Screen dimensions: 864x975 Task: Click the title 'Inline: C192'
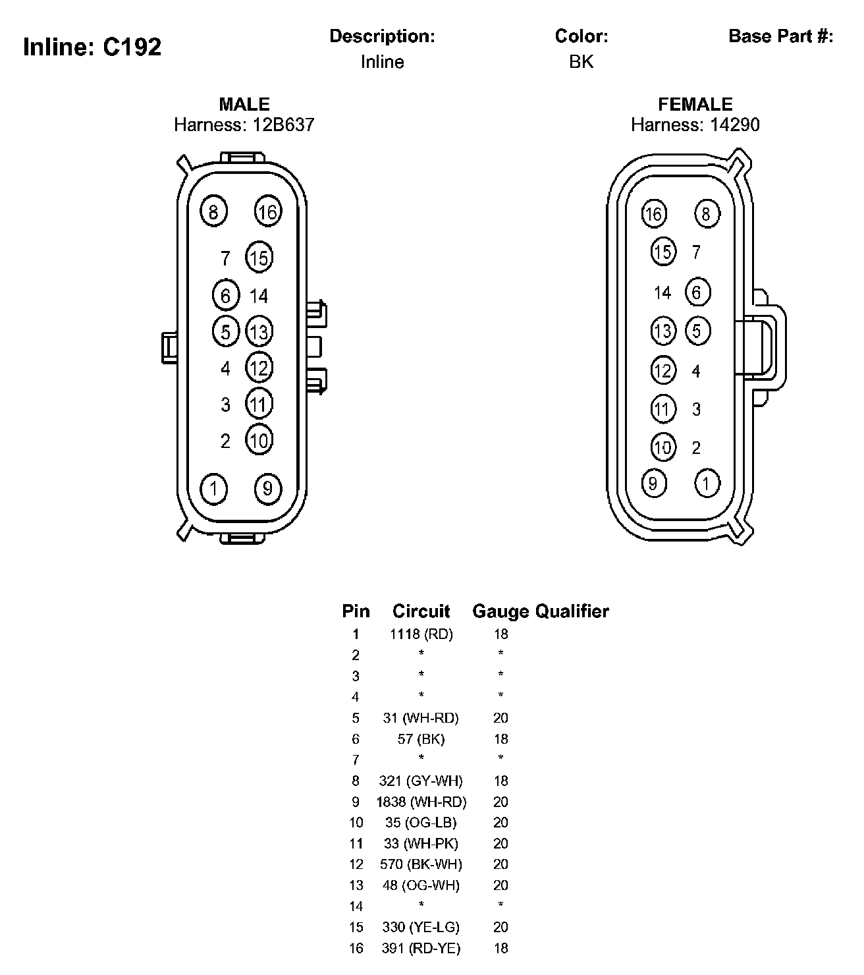pyautogui.click(x=92, y=47)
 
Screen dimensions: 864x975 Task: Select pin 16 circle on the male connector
pyautogui.click(x=268, y=211)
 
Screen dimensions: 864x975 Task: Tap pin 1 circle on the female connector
pyautogui.click(x=707, y=483)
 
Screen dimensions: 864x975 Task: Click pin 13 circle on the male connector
pyautogui.click(x=259, y=331)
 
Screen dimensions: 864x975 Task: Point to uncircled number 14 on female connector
pyautogui.click(x=662, y=292)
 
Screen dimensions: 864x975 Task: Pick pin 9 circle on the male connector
pyautogui.click(x=268, y=489)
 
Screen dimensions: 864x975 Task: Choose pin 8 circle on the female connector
pyautogui.click(x=707, y=213)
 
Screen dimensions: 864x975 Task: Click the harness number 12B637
pyautogui.click(x=283, y=125)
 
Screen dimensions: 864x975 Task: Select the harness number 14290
pyautogui.click(x=734, y=125)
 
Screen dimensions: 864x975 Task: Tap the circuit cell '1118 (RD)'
pyautogui.click(x=421, y=634)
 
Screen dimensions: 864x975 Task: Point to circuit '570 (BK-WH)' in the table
pyautogui.click(x=421, y=864)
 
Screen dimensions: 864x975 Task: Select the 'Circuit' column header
pyautogui.click(x=421, y=611)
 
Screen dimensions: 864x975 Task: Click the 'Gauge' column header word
pyautogui.click(x=500, y=611)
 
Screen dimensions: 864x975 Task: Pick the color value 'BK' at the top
pyautogui.click(x=581, y=62)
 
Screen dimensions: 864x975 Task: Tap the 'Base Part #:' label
pyautogui.click(x=781, y=36)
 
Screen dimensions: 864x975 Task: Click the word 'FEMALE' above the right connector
pyautogui.click(x=695, y=105)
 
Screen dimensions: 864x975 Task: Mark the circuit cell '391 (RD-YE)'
pyautogui.click(x=421, y=948)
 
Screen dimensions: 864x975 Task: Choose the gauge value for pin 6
pyautogui.click(x=500, y=738)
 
